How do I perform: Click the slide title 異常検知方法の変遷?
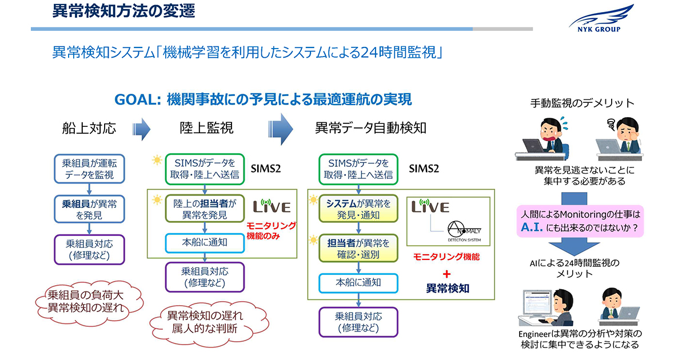coord(123,11)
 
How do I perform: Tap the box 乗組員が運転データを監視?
coord(89,169)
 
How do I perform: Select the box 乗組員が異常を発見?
coord(89,209)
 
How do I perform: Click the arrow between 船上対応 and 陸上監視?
coord(141,129)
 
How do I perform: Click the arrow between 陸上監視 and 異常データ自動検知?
coord(281,129)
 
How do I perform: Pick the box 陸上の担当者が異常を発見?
coord(205,209)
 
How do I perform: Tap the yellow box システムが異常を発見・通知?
coord(358,209)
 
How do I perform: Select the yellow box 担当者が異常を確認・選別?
coord(358,248)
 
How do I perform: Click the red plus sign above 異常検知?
coord(447,274)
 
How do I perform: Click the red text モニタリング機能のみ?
coord(271,230)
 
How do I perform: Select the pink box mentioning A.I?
coord(580,221)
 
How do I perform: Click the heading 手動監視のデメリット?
coord(582,103)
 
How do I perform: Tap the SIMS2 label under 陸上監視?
coord(266,169)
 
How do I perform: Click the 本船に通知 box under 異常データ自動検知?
coord(358,282)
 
